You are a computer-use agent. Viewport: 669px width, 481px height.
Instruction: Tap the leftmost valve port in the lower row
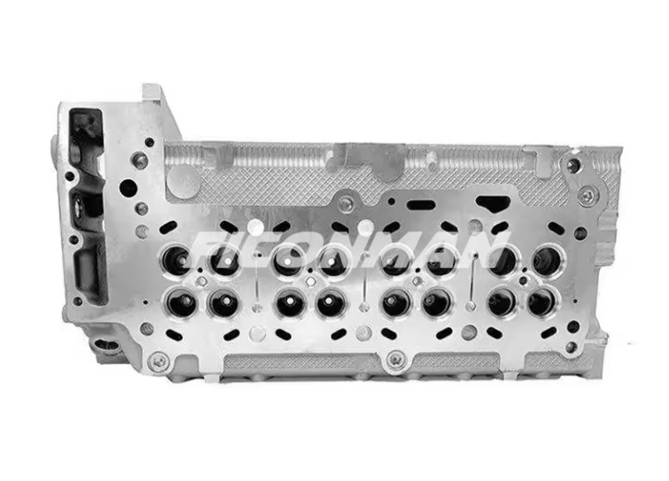[x=180, y=302]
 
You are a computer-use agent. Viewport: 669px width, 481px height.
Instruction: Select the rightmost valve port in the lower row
[x=541, y=301]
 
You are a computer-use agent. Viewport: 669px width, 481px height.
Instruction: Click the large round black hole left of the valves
[x=128, y=188]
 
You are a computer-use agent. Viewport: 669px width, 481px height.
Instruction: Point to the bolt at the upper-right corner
[x=586, y=195]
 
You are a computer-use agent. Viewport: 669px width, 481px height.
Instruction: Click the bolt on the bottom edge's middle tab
[x=396, y=359]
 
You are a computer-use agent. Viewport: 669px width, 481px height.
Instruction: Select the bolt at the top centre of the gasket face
[x=346, y=205]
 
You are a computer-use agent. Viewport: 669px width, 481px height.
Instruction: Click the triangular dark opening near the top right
[x=492, y=203]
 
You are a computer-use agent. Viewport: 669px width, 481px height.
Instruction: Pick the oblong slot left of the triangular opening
[x=421, y=204]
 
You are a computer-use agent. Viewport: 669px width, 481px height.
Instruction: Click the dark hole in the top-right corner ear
[x=574, y=165]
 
